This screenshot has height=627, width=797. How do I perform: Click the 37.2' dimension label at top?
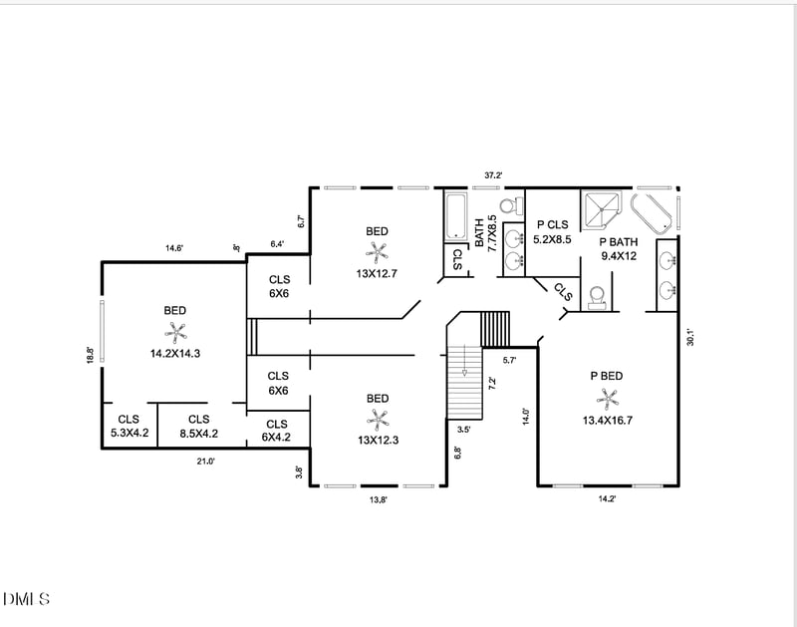(x=493, y=175)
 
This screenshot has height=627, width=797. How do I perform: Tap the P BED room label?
(x=607, y=376)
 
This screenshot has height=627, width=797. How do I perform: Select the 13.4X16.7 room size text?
(x=607, y=420)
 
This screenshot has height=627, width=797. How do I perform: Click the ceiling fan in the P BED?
(x=608, y=398)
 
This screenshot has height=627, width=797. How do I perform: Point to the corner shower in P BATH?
(x=603, y=209)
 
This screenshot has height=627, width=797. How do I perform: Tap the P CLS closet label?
(x=553, y=225)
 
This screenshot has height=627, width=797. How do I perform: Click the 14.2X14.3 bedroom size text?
(x=175, y=353)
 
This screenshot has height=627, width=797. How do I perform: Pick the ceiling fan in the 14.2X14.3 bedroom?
(x=175, y=331)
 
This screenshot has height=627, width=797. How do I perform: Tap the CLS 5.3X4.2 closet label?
(x=129, y=427)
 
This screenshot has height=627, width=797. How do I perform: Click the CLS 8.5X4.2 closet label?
(x=198, y=427)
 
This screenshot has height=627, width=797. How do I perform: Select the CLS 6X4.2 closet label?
(x=278, y=431)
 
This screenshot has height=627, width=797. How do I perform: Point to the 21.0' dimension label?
(x=205, y=461)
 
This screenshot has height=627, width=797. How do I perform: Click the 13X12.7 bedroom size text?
(x=377, y=274)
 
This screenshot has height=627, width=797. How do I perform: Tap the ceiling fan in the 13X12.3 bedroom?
(x=378, y=419)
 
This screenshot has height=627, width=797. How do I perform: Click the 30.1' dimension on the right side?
(x=688, y=338)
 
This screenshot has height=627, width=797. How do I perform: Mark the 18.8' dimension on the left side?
(x=90, y=355)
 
